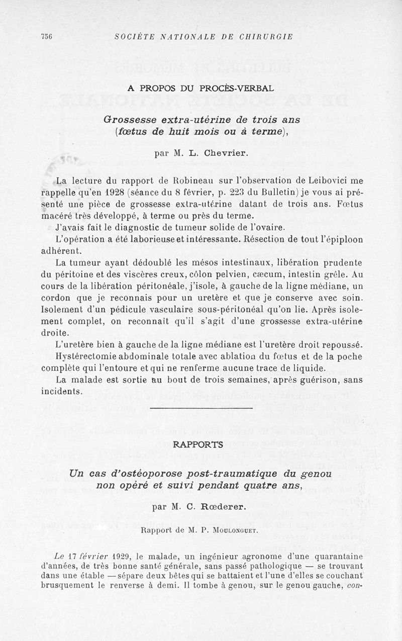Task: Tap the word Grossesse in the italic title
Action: (x=130, y=120)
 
